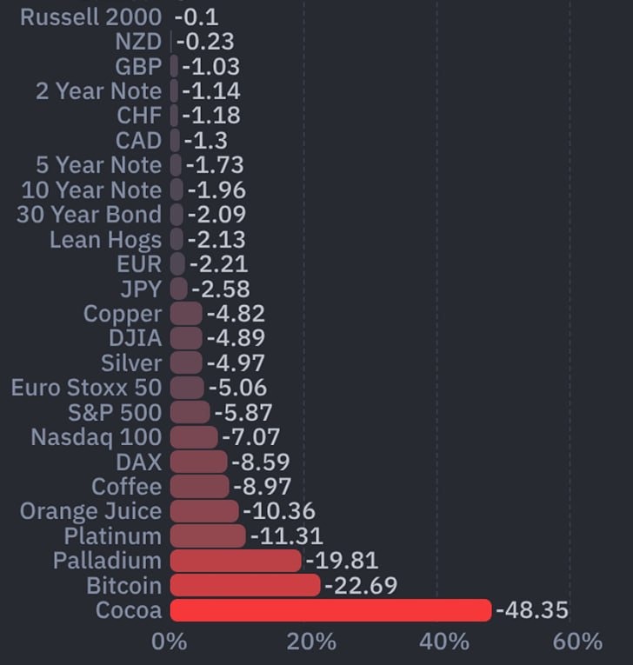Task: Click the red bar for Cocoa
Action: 330,610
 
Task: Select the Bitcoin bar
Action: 245,586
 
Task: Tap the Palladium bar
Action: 236,561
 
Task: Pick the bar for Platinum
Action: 208,535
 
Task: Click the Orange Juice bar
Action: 204,511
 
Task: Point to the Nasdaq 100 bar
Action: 194,437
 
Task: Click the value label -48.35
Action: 531,610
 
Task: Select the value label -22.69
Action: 360,586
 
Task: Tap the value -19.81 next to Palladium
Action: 341,561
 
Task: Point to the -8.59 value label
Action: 260,462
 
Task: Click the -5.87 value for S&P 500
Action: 243,413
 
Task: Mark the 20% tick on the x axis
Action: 310,642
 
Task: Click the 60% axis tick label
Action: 576,642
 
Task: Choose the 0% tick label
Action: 170,642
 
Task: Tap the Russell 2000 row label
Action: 90,17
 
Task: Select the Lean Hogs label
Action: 105,240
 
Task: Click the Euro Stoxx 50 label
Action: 86,388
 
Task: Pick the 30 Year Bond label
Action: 89,215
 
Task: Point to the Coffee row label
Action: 127,487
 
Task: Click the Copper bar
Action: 186,314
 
